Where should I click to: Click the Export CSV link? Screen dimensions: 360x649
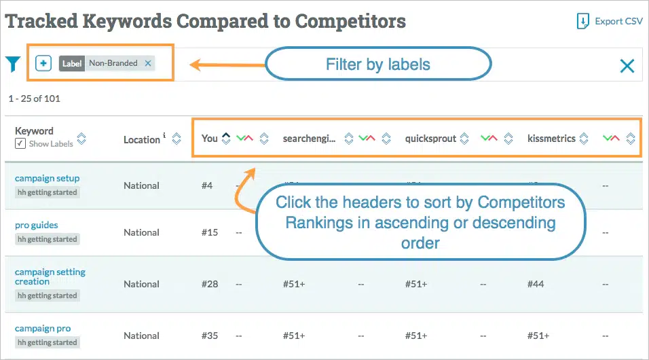click(x=610, y=21)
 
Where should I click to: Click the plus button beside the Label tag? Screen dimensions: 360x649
click(x=43, y=63)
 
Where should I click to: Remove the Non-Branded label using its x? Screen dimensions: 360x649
click(x=149, y=63)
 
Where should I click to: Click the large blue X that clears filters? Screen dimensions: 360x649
click(x=627, y=65)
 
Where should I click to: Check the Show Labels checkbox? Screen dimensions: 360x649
click(x=20, y=143)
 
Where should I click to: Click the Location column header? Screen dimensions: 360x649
click(x=142, y=139)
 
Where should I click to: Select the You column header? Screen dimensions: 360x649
click(x=210, y=139)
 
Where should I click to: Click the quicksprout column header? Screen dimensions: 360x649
click(x=430, y=139)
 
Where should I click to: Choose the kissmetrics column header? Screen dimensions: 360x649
click(x=551, y=139)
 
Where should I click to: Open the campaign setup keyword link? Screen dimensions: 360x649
click(x=48, y=178)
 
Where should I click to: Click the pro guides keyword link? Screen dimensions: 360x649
click(x=37, y=225)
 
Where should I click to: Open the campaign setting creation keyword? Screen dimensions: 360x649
click(x=50, y=276)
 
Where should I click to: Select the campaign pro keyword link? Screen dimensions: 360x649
click(x=43, y=328)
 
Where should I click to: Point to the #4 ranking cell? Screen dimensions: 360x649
click(x=207, y=185)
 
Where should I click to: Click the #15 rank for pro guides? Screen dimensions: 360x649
click(x=210, y=232)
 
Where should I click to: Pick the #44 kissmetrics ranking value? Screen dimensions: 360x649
click(x=536, y=284)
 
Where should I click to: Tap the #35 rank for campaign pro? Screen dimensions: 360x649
click(x=210, y=336)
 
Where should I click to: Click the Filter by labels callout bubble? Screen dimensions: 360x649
click(x=377, y=65)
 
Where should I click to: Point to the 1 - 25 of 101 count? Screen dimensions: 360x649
click(x=35, y=98)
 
